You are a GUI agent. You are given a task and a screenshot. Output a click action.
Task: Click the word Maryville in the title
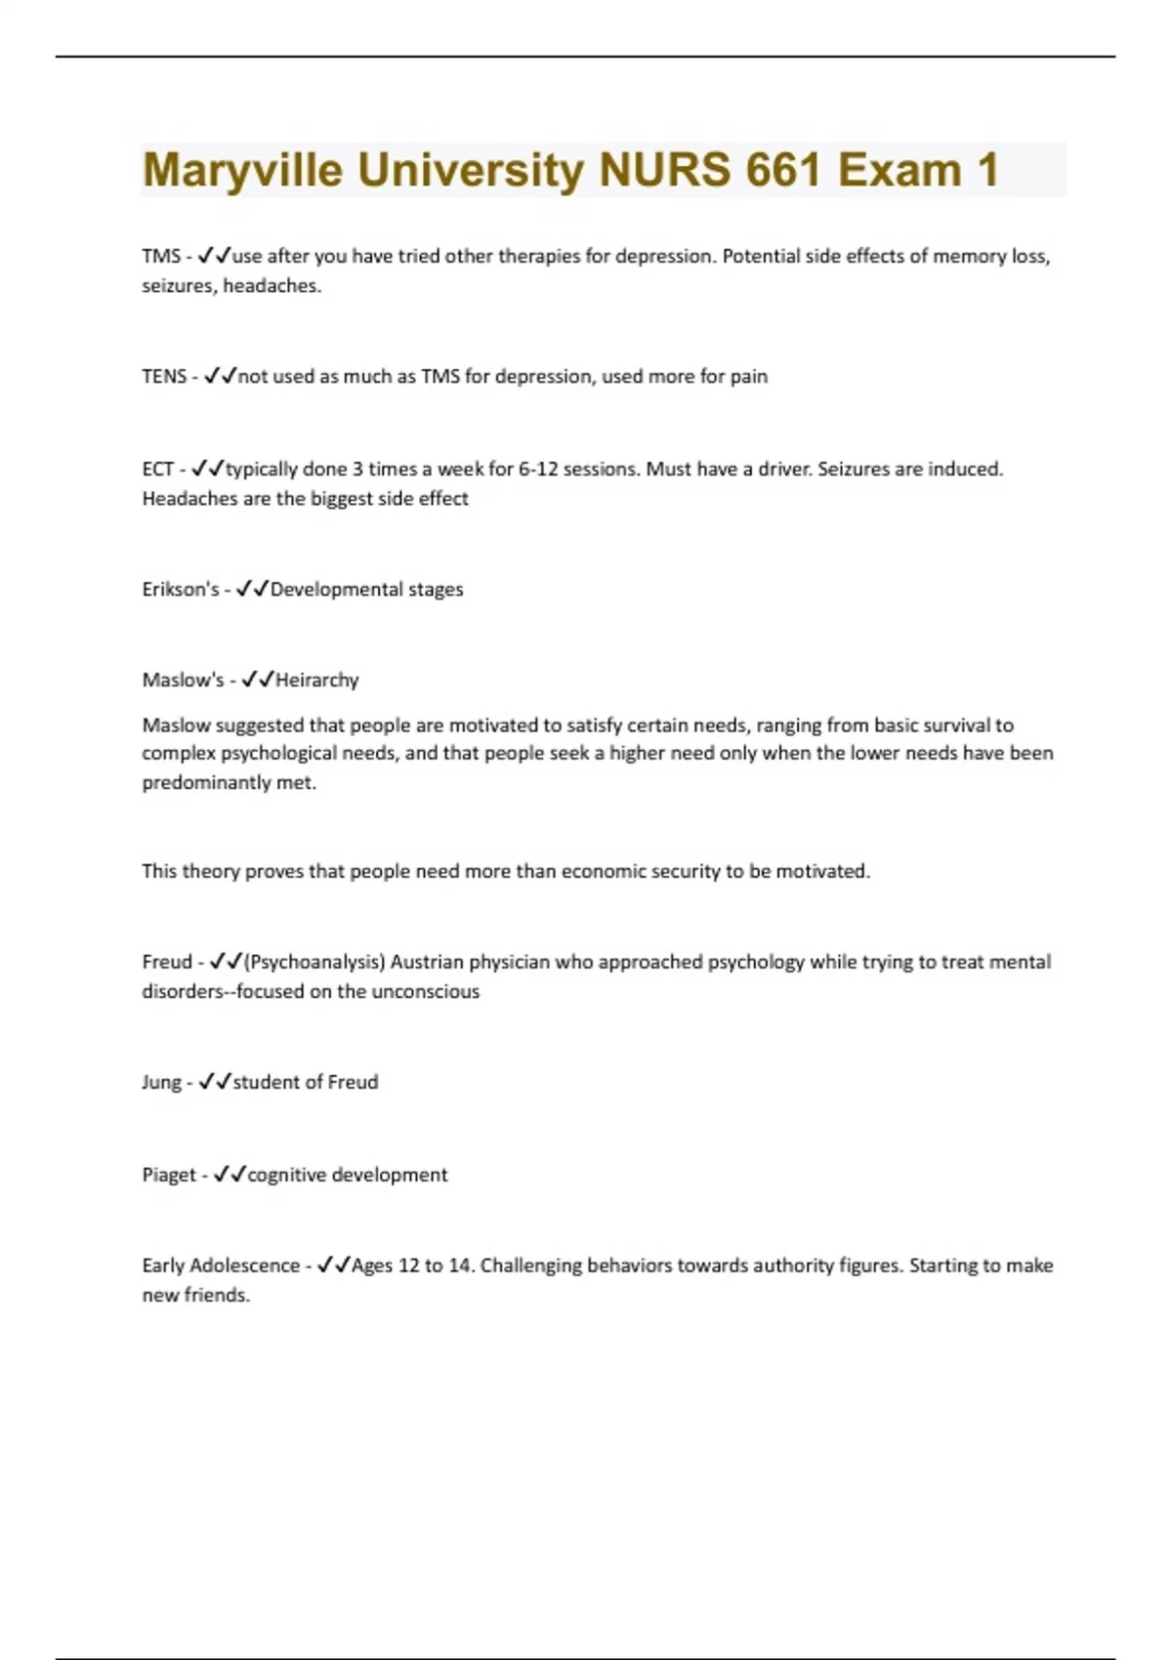(x=242, y=170)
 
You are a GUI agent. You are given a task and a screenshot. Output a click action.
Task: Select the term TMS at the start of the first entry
(x=161, y=256)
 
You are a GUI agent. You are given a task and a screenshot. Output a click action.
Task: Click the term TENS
(x=164, y=376)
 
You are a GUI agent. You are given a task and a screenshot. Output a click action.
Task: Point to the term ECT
(x=158, y=469)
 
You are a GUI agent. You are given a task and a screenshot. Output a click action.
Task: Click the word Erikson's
(x=181, y=589)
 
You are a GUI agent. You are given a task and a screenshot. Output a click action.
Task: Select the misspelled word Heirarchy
(x=317, y=680)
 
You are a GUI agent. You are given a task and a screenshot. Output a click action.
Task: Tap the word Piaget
(x=169, y=1175)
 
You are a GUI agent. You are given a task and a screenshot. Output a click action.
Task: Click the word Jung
(x=161, y=1082)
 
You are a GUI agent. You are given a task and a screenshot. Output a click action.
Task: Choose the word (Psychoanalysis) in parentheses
(x=314, y=962)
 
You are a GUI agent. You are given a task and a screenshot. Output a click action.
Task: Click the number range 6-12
(x=538, y=469)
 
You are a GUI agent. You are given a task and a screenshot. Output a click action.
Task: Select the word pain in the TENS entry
(x=748, y=376)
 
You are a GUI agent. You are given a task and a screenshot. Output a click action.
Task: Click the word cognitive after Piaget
(x=286, y=1175)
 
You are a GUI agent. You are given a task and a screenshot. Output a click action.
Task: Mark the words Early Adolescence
(x=221, y=1266)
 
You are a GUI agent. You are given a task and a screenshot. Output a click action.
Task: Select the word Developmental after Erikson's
(x=337, y=589)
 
